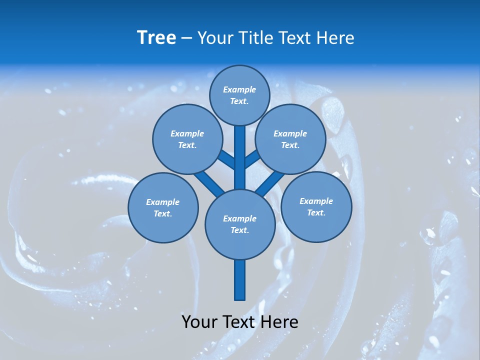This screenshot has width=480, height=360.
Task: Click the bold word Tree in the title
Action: click(x=156, y=38)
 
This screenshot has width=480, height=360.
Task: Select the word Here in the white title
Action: click(x=335, y=38)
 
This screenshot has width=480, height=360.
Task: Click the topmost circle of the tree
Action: click(x=239, y=95)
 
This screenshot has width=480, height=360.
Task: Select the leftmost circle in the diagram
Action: click(x=163, y=207)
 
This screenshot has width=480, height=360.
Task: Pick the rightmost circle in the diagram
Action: click(x=316, y=206)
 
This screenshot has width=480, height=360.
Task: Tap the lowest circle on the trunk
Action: click(x=240, y=224)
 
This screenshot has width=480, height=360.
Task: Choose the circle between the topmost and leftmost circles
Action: click(x=187, y=139)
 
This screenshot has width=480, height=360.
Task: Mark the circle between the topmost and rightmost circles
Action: click(x=290, y=139)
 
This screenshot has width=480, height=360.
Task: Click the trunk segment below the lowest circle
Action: click(x=240, y=280)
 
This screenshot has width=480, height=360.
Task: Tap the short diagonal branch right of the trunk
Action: click(x=252, y=159)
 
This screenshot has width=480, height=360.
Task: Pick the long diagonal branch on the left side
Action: click(x=207, y=182)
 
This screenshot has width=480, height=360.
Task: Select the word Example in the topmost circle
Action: click(x=239, y=89)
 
